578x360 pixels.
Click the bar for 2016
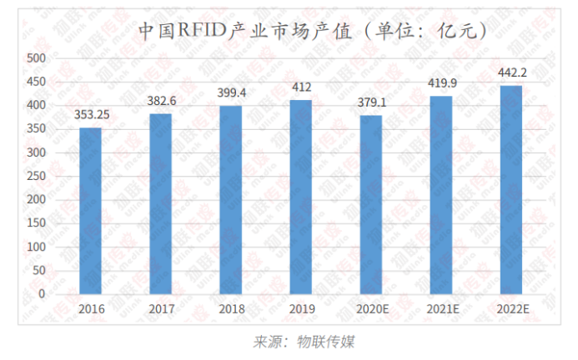click(91, 210)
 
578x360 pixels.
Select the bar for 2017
click(160, 203)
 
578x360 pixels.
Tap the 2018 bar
click(231, 199)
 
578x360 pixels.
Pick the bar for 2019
click(301, 197)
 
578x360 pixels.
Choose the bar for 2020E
click(371, 204)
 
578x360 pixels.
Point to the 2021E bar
click(441, 195)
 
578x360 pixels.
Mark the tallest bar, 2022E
click(511, 189)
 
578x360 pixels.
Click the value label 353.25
click(91, 115)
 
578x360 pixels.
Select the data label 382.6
click(160, 101)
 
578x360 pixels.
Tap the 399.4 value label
click(231, 93)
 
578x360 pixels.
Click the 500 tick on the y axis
click(36, 58)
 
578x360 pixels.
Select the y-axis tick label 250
click(36, 176)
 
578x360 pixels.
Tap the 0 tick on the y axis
click(42, 294)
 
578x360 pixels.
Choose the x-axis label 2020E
click(371, 308)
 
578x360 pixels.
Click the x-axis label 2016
click(91, 308)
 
